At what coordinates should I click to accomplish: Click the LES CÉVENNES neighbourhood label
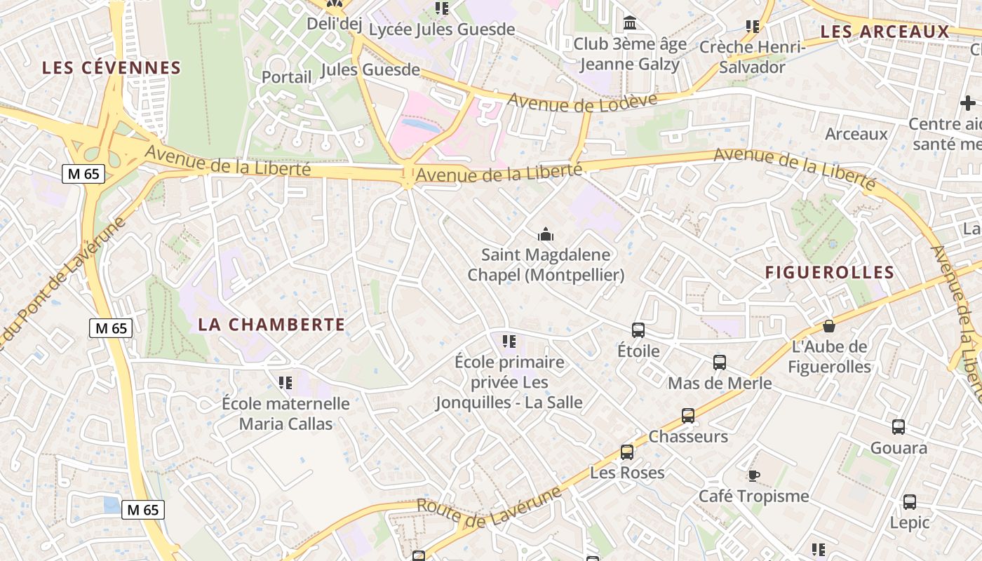coord(112,68)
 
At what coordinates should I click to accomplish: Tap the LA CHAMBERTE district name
coord(271,325)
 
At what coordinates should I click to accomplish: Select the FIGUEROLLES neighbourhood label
coord(830,273)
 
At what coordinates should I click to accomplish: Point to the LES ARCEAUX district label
coord(885,32)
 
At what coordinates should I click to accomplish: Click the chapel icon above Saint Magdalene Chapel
coord(545,235)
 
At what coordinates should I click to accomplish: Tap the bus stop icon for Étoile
coord(638,330)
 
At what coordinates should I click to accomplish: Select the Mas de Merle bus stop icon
coord(720,363)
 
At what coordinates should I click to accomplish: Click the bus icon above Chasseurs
coord(688,416)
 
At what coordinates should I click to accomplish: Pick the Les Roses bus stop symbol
coord(627,452)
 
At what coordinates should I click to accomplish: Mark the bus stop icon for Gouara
coord(899,427)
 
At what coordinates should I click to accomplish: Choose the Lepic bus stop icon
coord(910,502)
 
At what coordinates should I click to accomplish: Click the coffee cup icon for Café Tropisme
coord(753,476)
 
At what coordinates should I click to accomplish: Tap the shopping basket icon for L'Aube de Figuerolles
coord(828,326)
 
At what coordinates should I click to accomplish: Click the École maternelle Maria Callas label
coord(285,414)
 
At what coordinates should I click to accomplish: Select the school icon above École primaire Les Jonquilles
coord(509,342)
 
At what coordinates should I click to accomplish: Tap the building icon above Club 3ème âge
coord(630,24)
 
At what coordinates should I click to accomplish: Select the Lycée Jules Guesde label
coord(442,29)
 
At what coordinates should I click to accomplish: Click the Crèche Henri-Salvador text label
coord(752,58)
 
